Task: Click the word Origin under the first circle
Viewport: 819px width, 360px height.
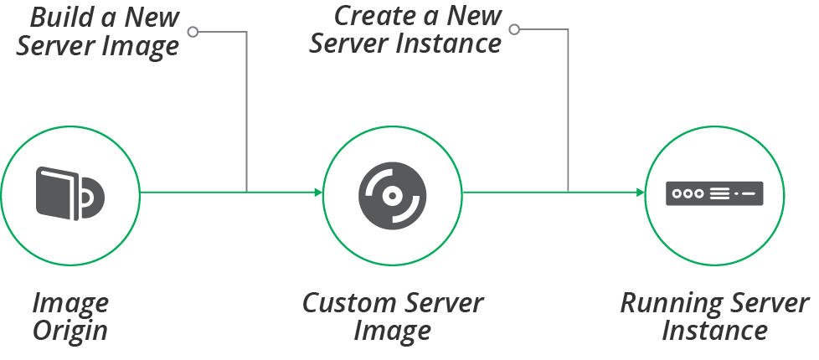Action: [70, 330]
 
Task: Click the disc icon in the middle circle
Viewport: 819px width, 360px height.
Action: [390, 193]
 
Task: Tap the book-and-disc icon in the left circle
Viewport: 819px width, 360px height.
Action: [70, 193]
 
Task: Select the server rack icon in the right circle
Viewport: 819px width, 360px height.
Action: [714, 193]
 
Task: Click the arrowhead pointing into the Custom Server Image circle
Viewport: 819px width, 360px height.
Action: [318, 193]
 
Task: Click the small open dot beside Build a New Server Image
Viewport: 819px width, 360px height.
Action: [193, 32]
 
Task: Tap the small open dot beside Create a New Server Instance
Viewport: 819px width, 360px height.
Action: [514, 29]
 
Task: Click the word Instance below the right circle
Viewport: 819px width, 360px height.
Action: [714, 330]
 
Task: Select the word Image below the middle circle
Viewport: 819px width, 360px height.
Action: [392, 330]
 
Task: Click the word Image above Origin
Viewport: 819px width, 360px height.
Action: [70, 303]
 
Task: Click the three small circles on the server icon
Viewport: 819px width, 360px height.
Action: [688, 193]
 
